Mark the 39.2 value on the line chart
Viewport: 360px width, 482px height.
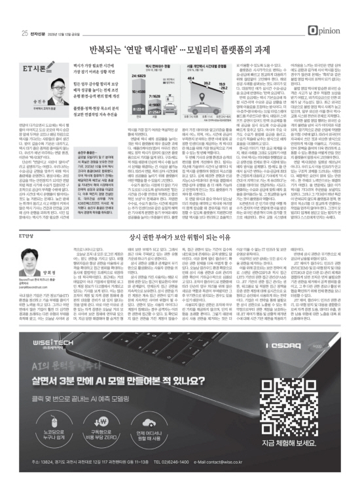pyautogui.click(x=230, y=90)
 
